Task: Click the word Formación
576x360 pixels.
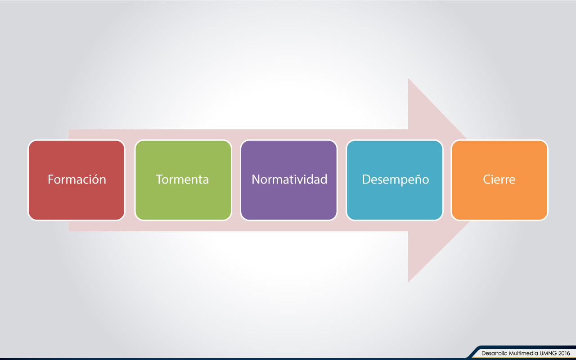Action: point(77,179)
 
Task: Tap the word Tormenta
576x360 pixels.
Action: point(182,179)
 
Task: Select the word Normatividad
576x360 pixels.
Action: point(289,179)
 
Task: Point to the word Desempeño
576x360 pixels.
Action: point(396,180)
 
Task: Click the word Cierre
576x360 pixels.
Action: point(499,179)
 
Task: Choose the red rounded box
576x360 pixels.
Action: point(76,180)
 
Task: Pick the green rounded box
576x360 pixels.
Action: point(183,180)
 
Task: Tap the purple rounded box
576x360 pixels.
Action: point(289,180)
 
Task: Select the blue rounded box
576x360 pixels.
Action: point(395,180)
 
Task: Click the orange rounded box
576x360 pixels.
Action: point(499,180)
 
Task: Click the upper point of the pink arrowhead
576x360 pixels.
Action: point(408,78)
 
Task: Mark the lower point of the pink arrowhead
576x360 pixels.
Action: point(408,282)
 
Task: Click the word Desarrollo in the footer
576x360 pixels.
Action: point(494,353)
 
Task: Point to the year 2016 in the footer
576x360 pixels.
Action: point(564,353)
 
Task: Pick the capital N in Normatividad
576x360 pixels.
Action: point(256,179)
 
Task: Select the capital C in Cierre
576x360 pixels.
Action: point(487,179)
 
